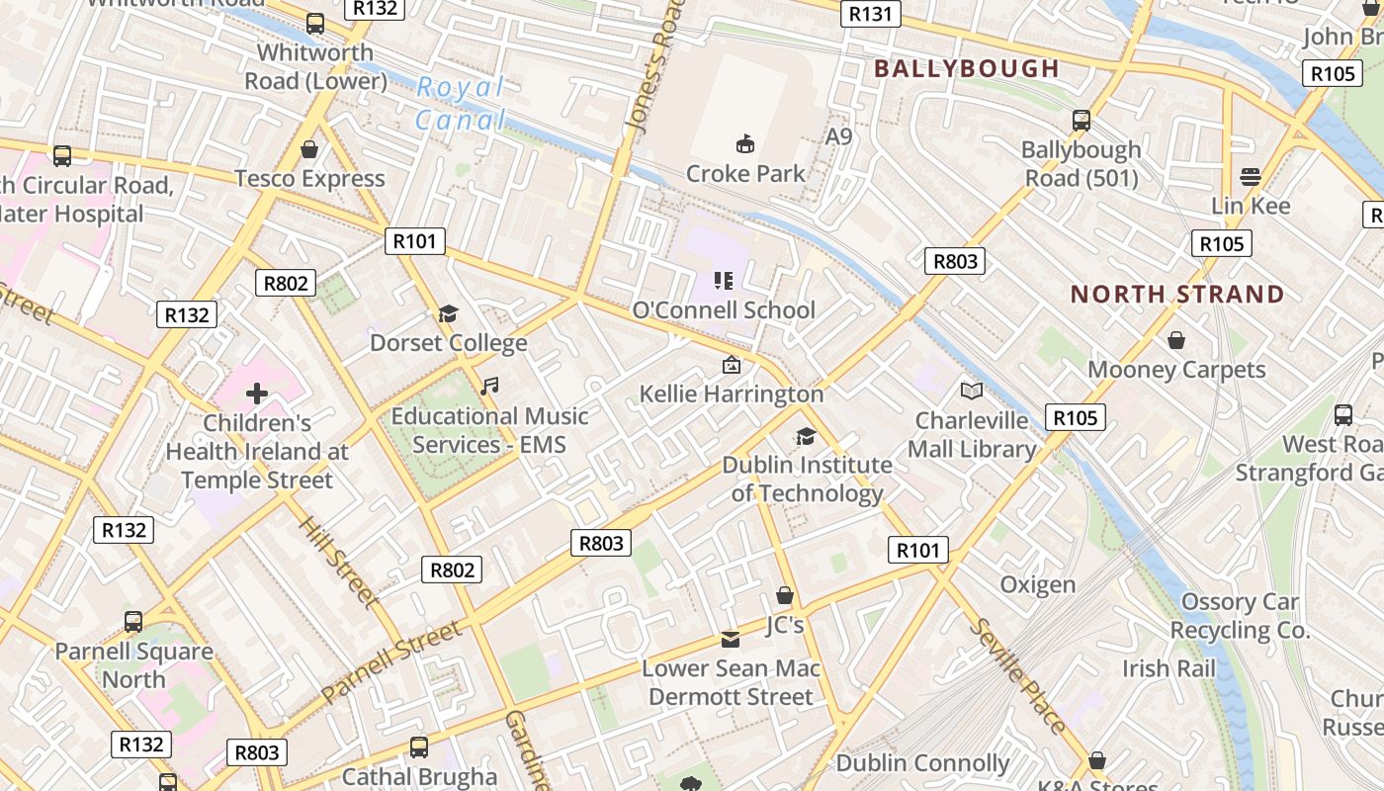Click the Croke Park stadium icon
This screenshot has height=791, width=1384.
coord(745,144)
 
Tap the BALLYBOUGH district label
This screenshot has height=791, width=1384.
coord(967,68)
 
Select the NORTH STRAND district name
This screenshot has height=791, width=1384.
coord(1177,294)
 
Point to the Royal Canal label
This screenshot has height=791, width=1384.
coord(461,103)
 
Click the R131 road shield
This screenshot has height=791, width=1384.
coord(870,13)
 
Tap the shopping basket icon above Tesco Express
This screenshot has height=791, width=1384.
coord(309,149)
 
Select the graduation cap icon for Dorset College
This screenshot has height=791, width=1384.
coord(449,314)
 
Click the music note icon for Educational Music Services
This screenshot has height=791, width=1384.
coord(489,386)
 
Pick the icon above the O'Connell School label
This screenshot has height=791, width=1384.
coord(724,281)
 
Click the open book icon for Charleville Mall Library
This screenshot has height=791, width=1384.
coord(972,392)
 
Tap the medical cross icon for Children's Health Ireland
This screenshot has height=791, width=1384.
coord(257,395)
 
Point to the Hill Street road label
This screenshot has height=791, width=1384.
coord(338,561)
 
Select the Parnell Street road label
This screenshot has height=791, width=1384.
coord(391,660)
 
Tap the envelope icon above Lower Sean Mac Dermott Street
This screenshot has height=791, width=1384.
coord(731,640)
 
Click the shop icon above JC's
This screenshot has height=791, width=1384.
coord(785,595)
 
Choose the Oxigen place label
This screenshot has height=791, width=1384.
coord(1037,584)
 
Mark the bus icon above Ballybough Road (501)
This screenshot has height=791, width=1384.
coord(1081,121)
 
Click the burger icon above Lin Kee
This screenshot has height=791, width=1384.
coord(1251,177)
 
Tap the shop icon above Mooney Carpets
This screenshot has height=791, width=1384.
coord(1176,340)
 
